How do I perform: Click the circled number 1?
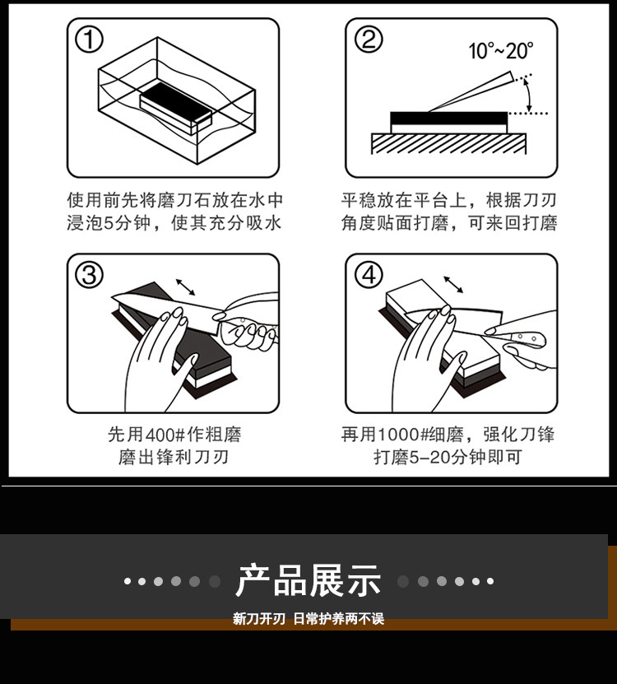[x=89, y=40]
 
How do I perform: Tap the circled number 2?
[x=369, y=40]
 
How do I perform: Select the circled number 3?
[x=89, y=275]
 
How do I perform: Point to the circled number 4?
[x=369, y=275]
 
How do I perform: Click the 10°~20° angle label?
[x=501, y=51]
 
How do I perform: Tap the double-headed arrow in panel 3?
[x=186, y=287]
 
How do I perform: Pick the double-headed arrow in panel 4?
[x=453, y=285]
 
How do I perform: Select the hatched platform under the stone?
[x=448, y=143]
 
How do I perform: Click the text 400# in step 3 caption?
[x=165, y=435]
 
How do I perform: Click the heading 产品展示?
[x=308, y=580]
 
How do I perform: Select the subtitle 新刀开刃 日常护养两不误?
[x=308, y=619]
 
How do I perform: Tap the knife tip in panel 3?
[x=113, y=297]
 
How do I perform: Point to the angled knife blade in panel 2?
[x=471, y=91]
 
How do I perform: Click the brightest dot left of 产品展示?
[x=128, y=581]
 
